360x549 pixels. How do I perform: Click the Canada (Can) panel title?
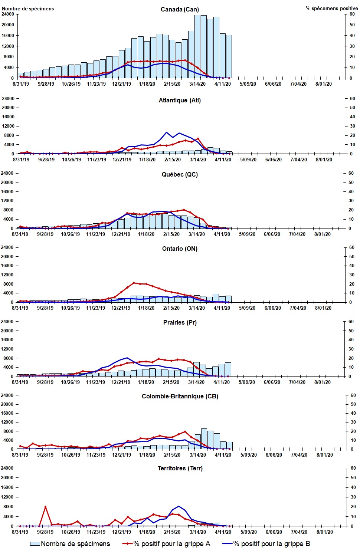point(180,9)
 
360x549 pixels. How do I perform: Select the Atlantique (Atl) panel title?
point(180,100)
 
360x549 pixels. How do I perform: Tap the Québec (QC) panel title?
point(180,174)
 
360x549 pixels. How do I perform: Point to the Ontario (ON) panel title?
point(180,249)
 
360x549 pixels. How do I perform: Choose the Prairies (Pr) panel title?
point(180,322)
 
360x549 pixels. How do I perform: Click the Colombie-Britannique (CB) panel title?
point(180,396)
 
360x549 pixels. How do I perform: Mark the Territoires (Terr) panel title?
point(180,468)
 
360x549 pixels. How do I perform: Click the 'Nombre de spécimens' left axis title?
point(28,9)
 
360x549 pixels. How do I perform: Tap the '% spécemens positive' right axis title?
point(331,8)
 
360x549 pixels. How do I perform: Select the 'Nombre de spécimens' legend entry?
point(71,543)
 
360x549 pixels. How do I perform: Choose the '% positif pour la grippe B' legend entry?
point(266,543)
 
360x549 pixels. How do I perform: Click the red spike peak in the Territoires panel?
point(45,507)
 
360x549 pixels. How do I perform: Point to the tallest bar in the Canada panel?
point(197,45)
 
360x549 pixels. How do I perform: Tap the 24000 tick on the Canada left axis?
point(8,14)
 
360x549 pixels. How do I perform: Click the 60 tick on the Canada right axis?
point(352,14)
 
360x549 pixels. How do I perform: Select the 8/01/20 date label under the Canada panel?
point(324,84)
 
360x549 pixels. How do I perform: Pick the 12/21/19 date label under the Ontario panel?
point(121,308)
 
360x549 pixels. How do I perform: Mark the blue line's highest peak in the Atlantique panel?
point(167,132)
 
